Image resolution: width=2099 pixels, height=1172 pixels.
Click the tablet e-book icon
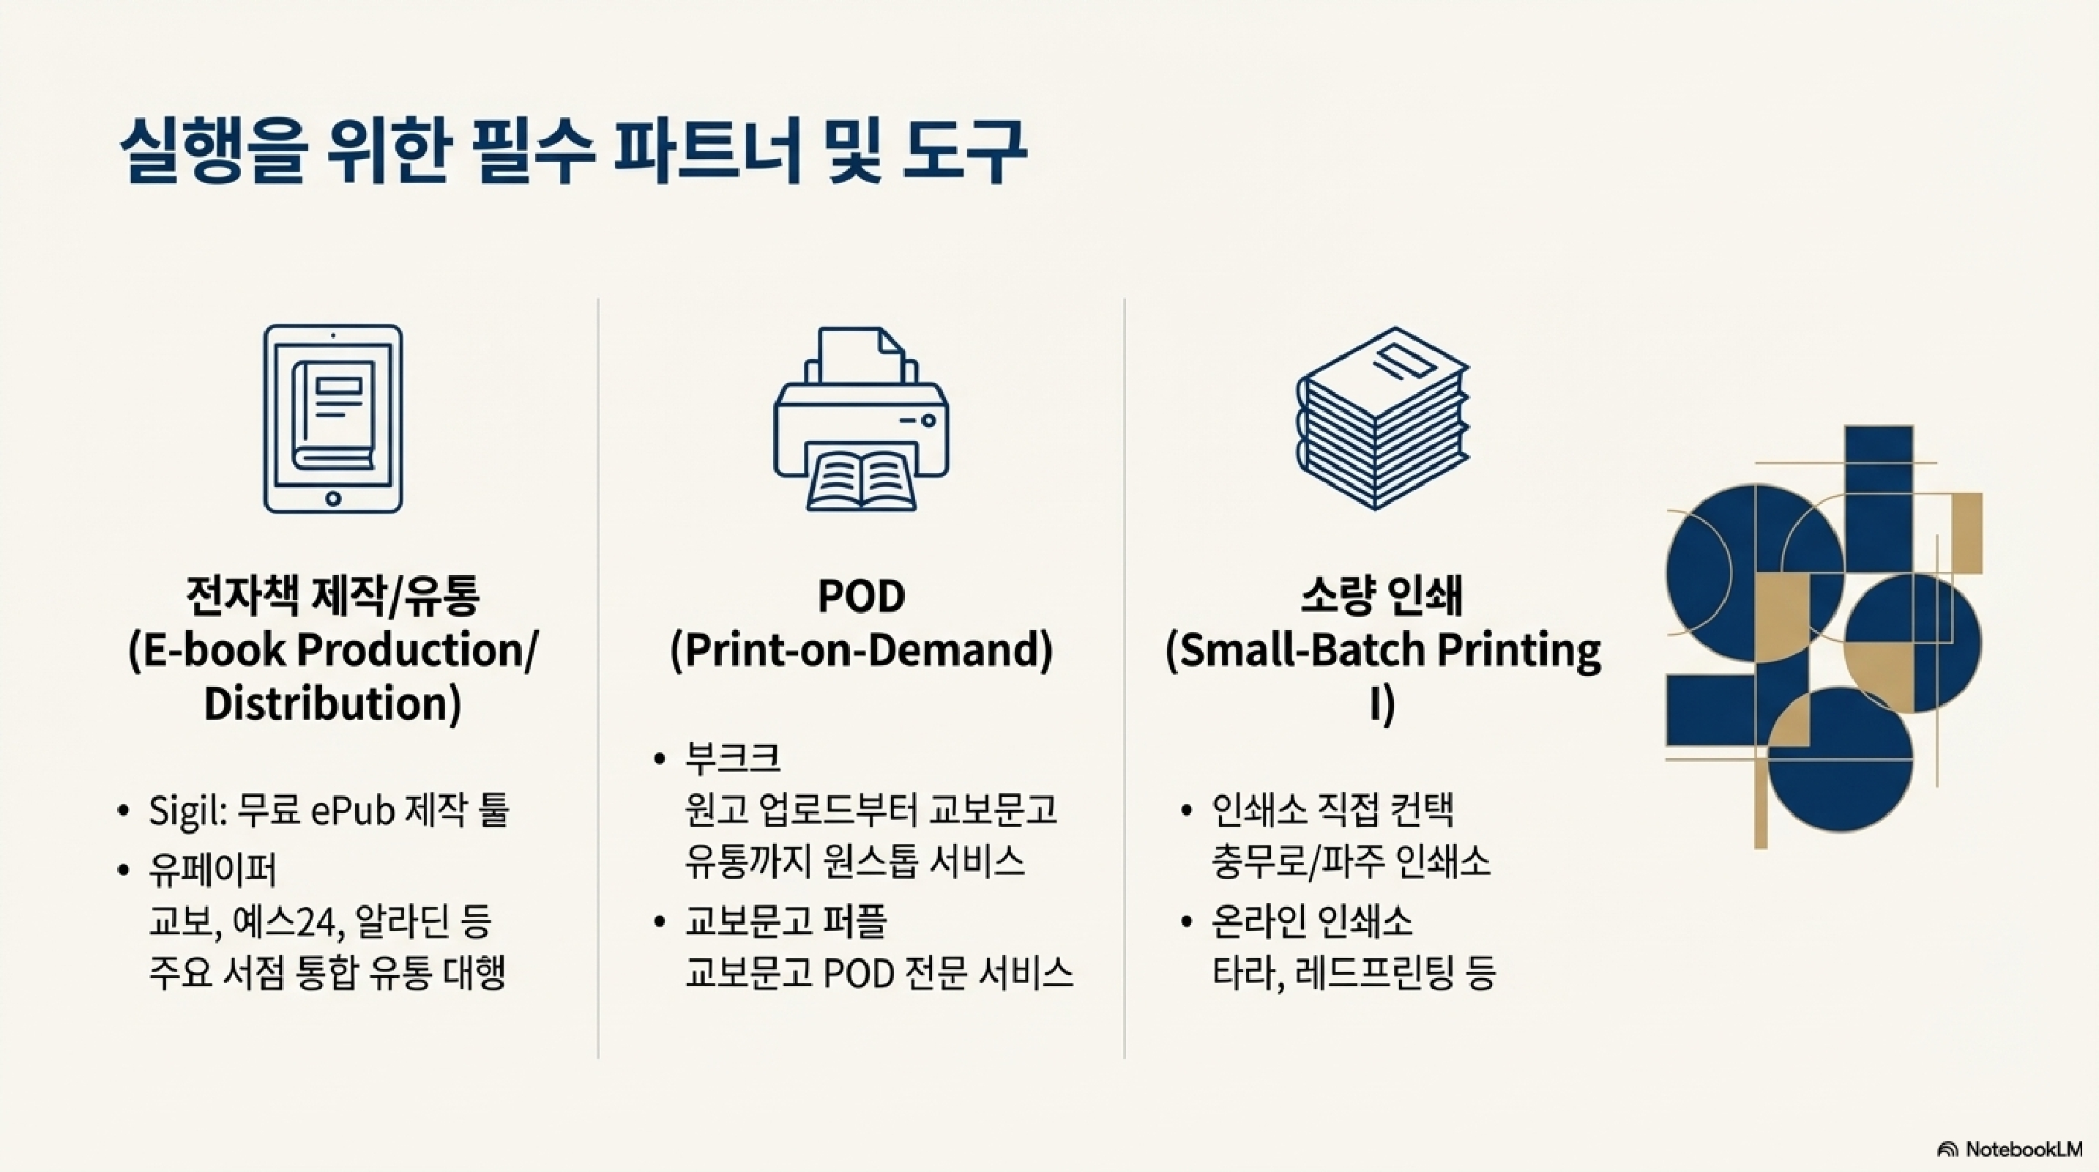click(332, 418)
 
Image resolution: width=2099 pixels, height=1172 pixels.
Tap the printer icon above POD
click(860, 418)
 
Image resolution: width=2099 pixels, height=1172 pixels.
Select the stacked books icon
click(1382, 418)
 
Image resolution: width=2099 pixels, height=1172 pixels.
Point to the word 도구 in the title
click(964, 152)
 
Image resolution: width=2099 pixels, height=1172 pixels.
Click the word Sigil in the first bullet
click(187, 811)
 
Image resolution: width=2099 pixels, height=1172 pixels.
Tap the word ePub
click(353, 811)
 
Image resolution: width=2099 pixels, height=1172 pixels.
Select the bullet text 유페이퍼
click(212, 869)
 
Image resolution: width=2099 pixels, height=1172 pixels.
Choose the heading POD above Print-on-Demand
click(860, 596)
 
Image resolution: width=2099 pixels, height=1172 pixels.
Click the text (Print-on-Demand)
click(860, 650)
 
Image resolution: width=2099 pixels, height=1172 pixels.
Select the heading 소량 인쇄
click(1382, 596)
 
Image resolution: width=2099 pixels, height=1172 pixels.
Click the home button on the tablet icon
click(332, 498)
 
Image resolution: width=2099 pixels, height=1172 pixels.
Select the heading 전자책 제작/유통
click(332, 596)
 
